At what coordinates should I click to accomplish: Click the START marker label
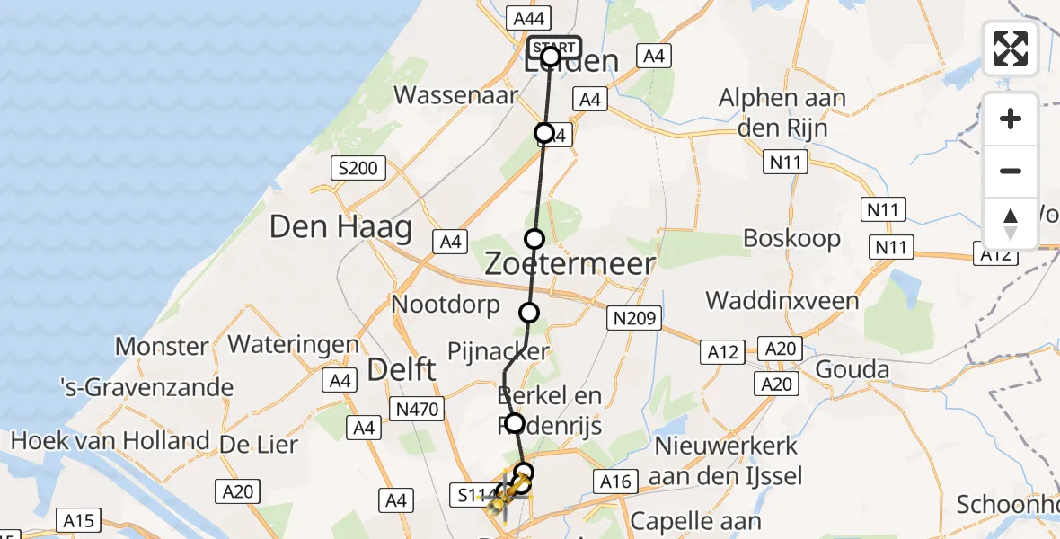point(555,47)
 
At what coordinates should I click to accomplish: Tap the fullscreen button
point(1011,49)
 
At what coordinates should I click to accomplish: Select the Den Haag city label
point(340,226)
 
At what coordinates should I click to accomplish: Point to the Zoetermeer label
point(570,263)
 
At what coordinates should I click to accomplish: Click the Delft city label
point(402,369)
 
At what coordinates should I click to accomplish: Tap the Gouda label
point(852,369)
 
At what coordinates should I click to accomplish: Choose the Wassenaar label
point(468,95)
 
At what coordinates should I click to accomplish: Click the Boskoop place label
point(792,239)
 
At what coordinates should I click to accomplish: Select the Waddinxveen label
point(782,300)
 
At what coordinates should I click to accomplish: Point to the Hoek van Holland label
point(110,441)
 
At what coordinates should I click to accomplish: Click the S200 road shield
point(358,167)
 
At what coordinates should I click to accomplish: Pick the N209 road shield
point(636,317)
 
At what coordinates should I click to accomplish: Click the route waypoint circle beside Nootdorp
point(529,313)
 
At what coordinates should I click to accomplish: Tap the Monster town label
point(163,346)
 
